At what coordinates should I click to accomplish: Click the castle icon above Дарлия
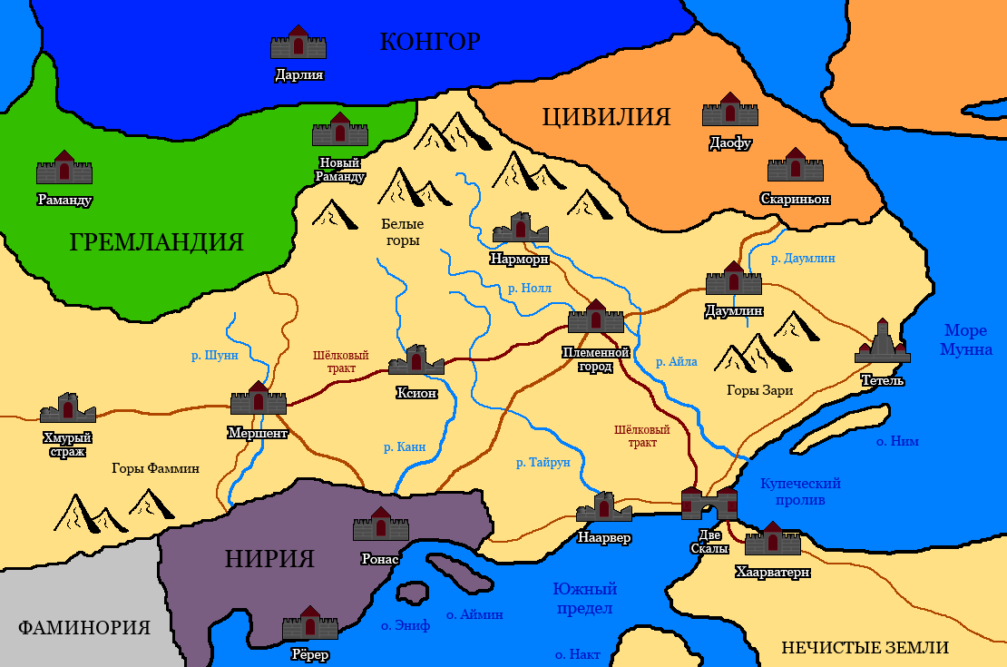[x=298, y=44]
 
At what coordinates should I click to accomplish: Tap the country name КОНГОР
[x=429, y=42]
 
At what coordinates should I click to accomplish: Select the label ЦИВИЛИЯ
[x=606, y=117]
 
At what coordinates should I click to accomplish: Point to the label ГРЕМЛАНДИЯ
[x=157, y=242]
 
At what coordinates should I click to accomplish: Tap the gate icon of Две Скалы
[x=709, y=503]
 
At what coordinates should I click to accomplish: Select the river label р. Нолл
[x=530, y=289]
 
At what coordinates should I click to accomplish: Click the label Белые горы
[x=402, y=232]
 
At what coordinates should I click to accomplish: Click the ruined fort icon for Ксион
[x=416, y=361]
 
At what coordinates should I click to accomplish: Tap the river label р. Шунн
[x=215, y=356]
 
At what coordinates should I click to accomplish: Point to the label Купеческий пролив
[x=800, y=492]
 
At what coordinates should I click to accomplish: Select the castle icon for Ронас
[x=381, y=525]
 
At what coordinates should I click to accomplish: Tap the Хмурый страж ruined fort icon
[x=67, y=409]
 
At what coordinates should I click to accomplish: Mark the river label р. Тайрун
[x=543, y=463]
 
